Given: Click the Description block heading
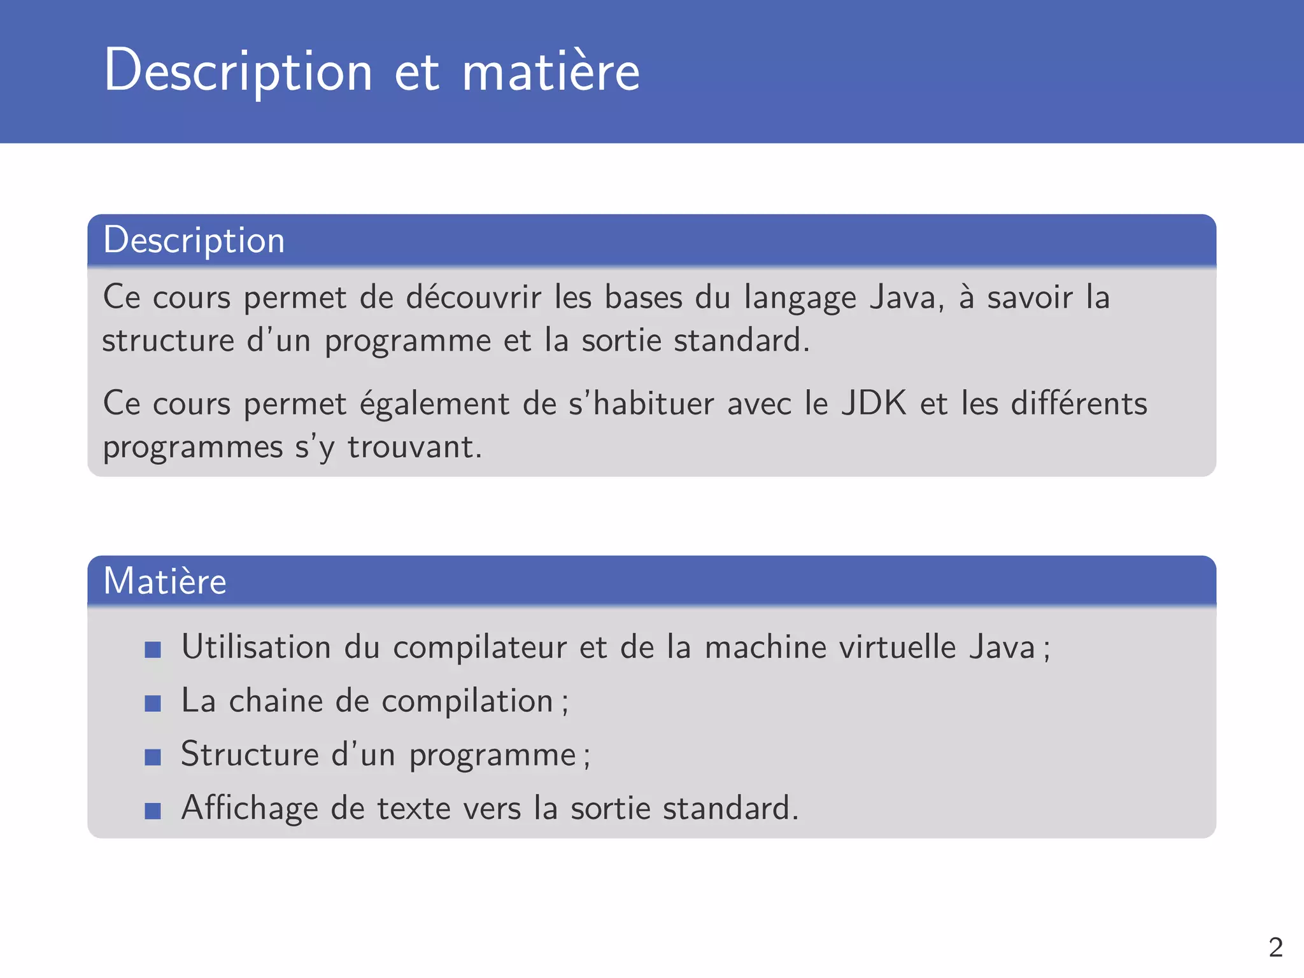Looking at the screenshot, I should coord(194,240).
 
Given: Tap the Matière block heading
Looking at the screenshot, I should coord(165,581).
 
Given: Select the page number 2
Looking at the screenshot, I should coord(1275,947).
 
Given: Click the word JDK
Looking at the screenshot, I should coord(874,404).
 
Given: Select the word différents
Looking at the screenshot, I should coord(1079,404).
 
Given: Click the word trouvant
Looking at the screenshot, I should coord(414,447).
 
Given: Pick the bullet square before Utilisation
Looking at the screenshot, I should coord(153,649).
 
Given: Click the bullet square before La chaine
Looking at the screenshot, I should coord(153,703).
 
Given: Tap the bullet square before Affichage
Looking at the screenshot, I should coord(153,811).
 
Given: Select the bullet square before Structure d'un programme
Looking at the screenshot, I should coord(153,756).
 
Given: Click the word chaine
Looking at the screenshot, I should coord(276,701).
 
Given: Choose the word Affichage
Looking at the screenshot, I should coord(250,809).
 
